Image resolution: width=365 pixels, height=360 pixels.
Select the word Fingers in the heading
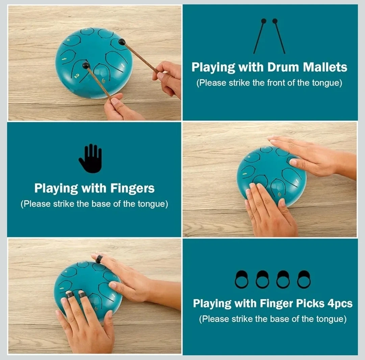coord(132,188)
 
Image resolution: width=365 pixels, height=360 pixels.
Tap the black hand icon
coord(90,158)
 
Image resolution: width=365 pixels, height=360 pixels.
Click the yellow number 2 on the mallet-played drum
coord(77,76)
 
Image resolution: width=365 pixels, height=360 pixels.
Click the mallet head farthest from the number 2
coord(122,42)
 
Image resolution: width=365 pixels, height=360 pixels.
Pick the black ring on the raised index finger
coord(99,259)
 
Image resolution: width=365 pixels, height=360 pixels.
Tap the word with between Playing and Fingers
coord(94,188)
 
